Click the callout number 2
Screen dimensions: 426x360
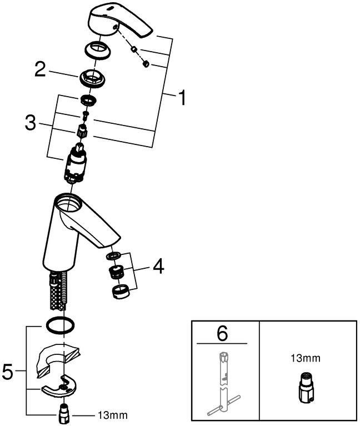40,69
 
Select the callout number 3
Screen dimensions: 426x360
32,122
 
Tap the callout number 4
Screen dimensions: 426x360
158,268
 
